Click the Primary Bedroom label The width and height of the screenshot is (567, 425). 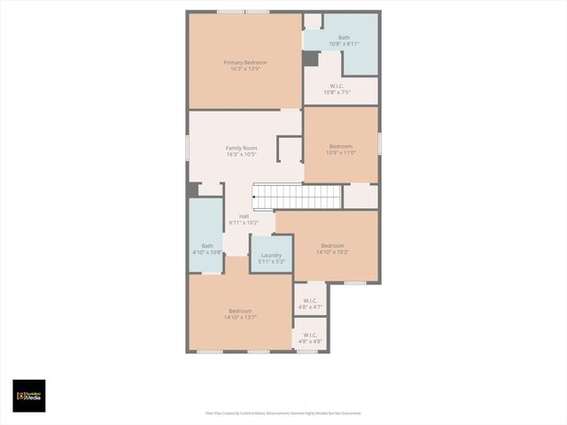(245, 62)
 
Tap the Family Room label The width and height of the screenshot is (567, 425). (241, 148)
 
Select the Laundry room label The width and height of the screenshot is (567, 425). (271, 255)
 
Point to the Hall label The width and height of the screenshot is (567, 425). (244, 215)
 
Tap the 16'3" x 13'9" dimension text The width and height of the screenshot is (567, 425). (245, 69)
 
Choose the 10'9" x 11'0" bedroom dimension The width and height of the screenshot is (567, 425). (342, 152)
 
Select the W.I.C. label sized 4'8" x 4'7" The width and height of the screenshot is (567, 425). (310, 300)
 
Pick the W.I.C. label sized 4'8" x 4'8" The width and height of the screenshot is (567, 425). (310, 334)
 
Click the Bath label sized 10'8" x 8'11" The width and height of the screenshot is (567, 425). (344, 37)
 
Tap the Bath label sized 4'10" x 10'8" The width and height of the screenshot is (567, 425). (207, 245)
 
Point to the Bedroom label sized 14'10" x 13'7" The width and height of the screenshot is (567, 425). (240, 311)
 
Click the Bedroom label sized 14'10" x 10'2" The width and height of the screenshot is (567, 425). (332, 245)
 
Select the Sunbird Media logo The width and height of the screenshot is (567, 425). (28, 396)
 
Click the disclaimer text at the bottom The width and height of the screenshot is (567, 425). (283, 413)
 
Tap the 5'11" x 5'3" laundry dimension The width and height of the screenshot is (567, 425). (271, 262)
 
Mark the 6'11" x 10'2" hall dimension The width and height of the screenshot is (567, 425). (244, 222)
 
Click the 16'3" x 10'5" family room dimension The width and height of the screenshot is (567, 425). (241, 155)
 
